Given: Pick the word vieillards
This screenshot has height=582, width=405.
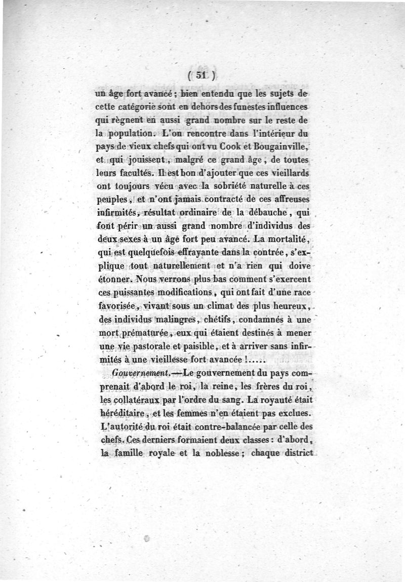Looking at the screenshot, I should [286, 173].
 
